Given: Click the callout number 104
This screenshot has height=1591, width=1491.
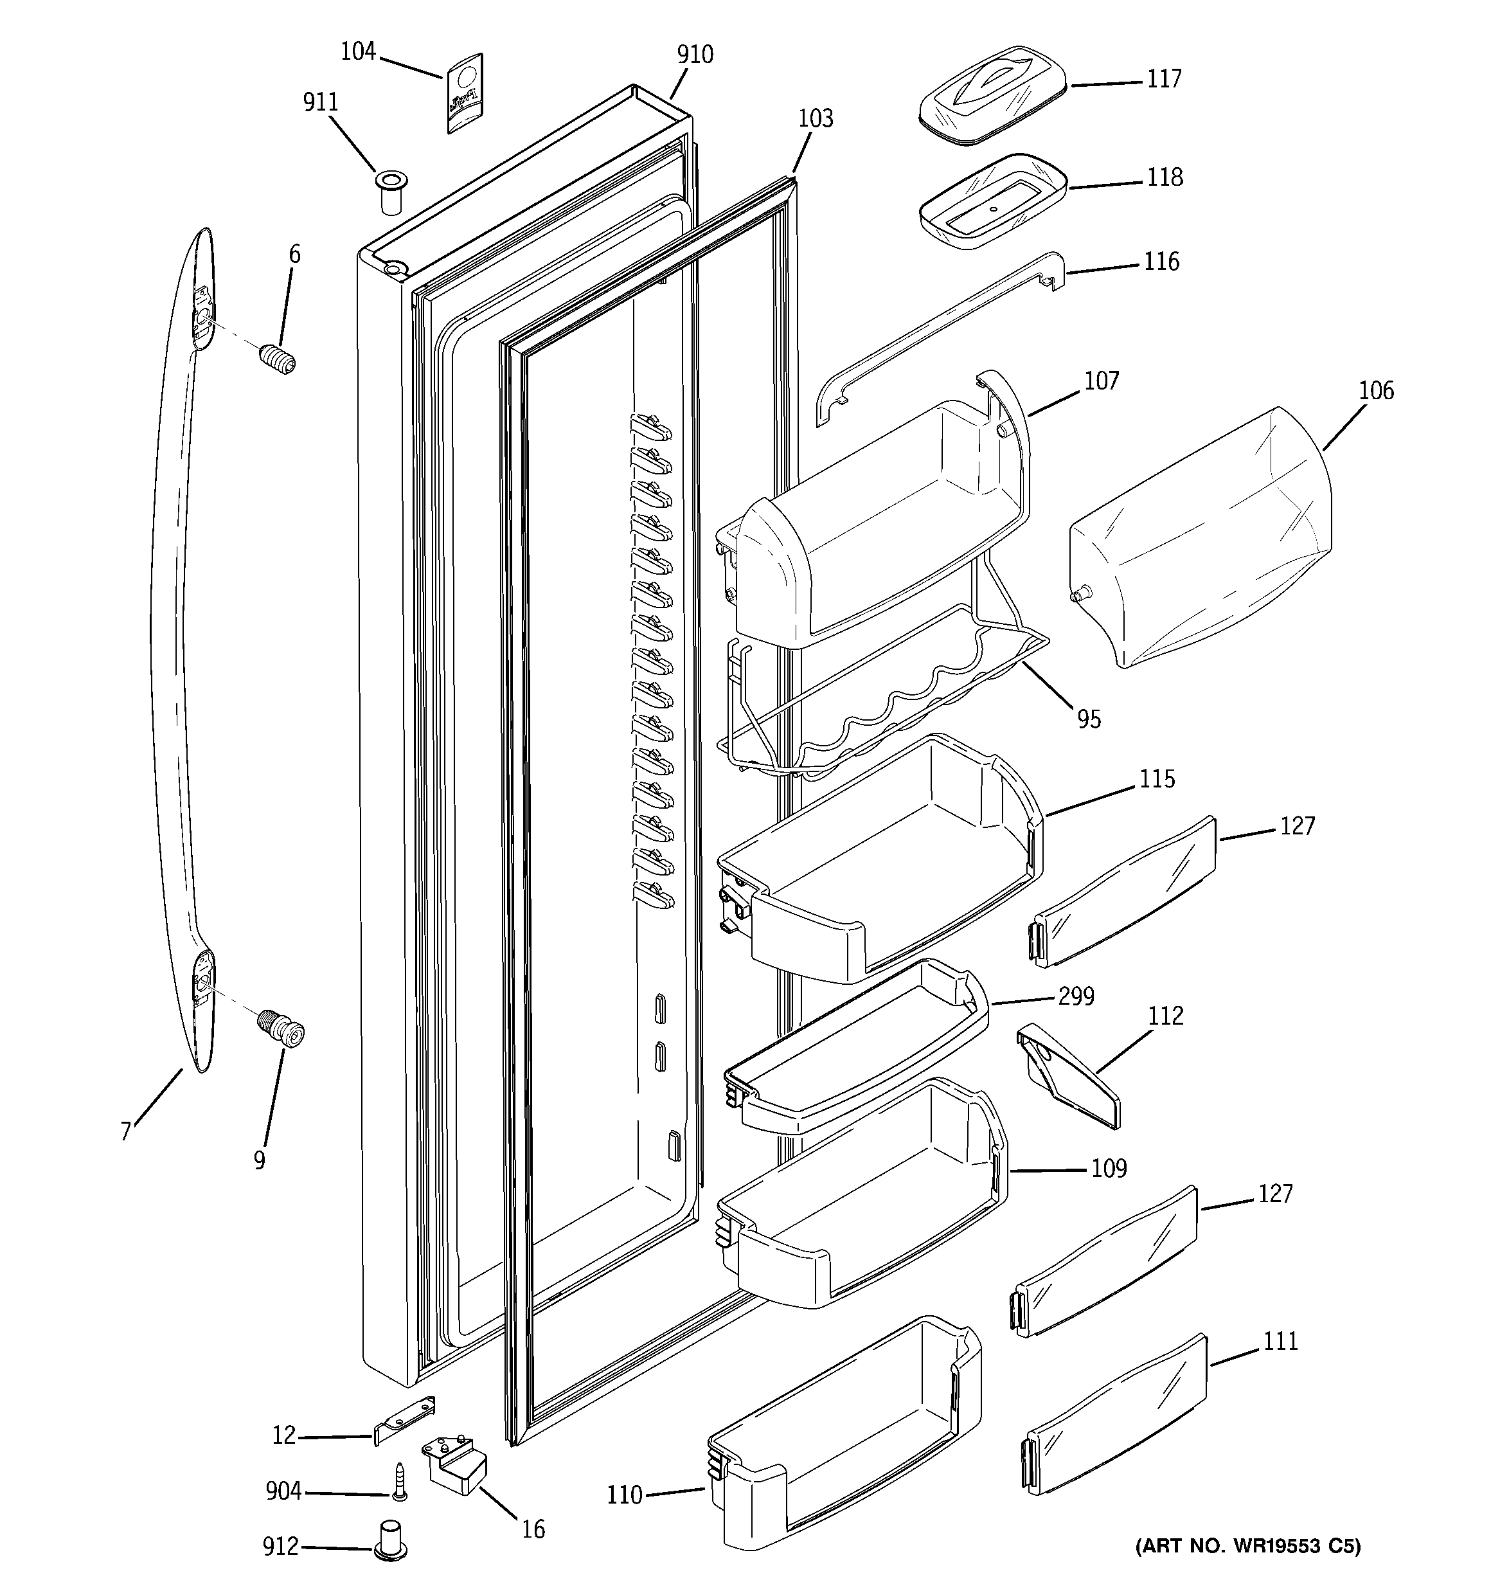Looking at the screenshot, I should (x=358, y=52).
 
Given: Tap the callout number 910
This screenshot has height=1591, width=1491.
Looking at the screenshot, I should (x=695, y=55).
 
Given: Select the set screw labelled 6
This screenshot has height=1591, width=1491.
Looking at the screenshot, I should (x=278, y=358).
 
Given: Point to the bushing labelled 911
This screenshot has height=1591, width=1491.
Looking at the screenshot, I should (x=391, y=192).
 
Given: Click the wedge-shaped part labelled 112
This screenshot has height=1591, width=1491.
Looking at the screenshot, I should (x=1067, y=1075).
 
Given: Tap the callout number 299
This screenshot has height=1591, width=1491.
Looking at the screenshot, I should (x=1076, y=997).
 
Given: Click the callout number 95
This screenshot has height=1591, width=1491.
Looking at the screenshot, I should (x=1089, y=719).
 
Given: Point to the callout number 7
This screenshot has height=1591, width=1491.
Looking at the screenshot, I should (x=126, y=1131).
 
